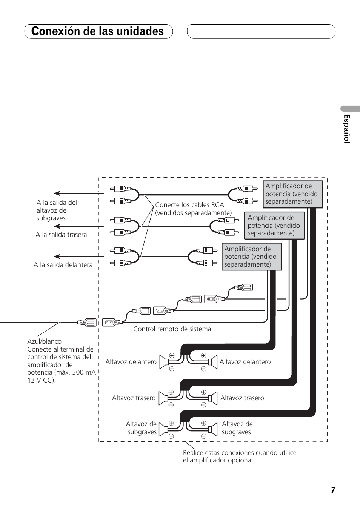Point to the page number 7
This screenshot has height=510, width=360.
(333, 490)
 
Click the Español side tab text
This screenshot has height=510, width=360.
(346, 129)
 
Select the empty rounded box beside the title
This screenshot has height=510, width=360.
(261, 31)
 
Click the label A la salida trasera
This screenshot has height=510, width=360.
(61, 235)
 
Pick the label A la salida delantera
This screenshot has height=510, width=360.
(63, 265)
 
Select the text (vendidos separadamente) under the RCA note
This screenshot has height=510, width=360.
(193, 213)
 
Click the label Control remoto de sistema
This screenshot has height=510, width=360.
(172, 329)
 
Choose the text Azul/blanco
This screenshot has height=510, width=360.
(44, 341)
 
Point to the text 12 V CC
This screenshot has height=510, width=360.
(40, 380)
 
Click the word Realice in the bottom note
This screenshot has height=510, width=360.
(194, 453)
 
